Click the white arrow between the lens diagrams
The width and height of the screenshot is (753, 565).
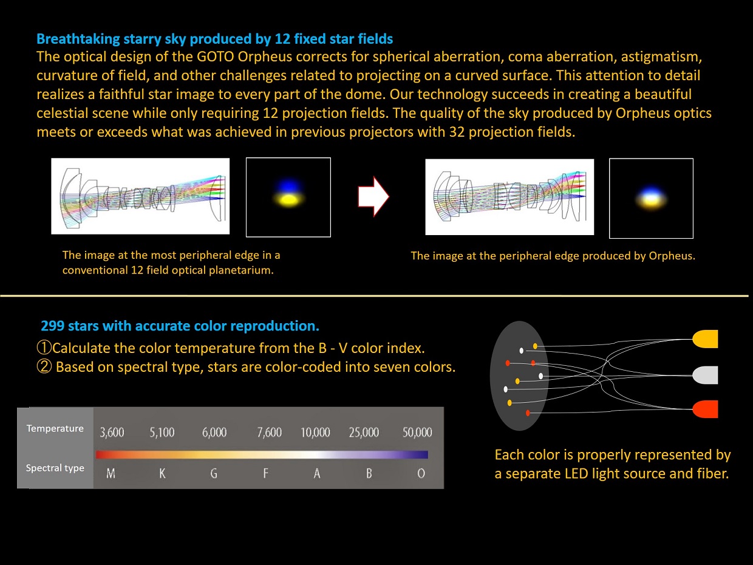tap(373, 197)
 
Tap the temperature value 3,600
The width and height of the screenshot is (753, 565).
tap(112, 433)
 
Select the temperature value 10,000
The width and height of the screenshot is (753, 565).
tap(315, 433)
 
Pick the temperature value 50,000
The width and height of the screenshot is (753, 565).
tap(417, 433)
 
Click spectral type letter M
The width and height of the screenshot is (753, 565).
tap(111, 474)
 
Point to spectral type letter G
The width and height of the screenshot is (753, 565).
tap(214, 474)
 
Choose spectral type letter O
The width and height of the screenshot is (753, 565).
tap(421, 474)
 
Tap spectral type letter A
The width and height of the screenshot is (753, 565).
tap(317, 474)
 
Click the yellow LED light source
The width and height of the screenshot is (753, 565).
tap(705, 339)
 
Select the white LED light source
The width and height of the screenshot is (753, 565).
tap(705, 375)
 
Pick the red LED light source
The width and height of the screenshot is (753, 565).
tap(705, 409)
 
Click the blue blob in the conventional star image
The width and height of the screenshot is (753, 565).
tap(288, 187)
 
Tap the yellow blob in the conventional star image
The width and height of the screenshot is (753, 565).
tap(288, 200)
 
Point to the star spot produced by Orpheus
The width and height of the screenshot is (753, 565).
tap(651, 199)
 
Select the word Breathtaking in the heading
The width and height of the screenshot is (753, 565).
tap(78, 39)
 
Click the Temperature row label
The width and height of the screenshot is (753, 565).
tap(55, 428)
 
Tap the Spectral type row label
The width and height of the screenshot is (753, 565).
tap(55, 468)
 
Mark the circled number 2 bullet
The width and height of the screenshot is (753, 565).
tap(44, 367)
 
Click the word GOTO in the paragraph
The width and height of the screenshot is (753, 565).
tap(215, 57)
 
